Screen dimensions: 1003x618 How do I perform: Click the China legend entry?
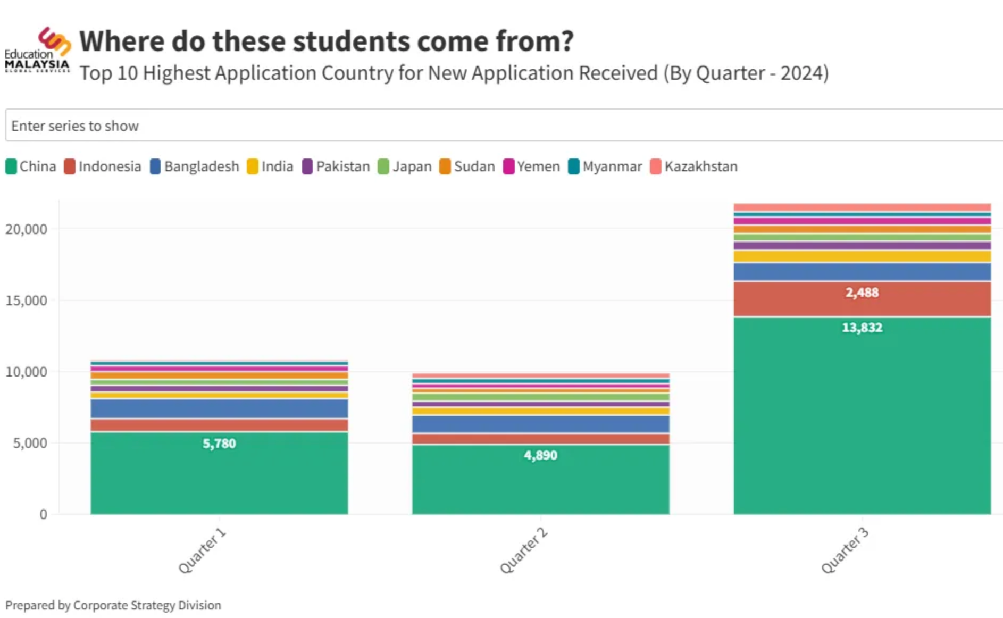click(x=31, y=166)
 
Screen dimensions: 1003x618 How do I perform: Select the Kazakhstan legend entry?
click(x=693, y=166)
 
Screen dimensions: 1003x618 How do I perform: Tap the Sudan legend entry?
click(x=467, y=166)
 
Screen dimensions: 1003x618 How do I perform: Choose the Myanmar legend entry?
click(x=605, y=166)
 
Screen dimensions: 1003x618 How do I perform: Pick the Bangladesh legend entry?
click(x=195, y=166)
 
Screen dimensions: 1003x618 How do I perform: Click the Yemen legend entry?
click(x=531, y=166)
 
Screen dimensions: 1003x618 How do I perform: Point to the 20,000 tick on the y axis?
click(x=26, y=229)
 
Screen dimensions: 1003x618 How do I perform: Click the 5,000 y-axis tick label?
click(x=30, y=443)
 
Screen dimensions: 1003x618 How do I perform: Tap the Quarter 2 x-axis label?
click(x=524, y=550)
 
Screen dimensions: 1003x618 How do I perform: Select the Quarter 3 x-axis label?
click(x=845, y=550)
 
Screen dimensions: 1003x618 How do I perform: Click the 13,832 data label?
click(x=862, y=328)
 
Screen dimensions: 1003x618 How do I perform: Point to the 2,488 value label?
click(x=862, y=293)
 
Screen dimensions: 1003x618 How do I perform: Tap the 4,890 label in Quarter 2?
click(x=540, y=455)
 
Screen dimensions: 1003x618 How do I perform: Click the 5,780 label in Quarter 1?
click(x=219, y=444)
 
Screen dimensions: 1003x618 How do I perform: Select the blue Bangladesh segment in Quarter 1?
click(x=219, y=408)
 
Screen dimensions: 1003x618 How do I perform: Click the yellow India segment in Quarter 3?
click(x=862, y=256)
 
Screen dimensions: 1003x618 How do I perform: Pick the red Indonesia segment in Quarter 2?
click(x=540, y=439)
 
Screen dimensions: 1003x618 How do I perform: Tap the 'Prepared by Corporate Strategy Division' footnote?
click(x=113, y=605)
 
